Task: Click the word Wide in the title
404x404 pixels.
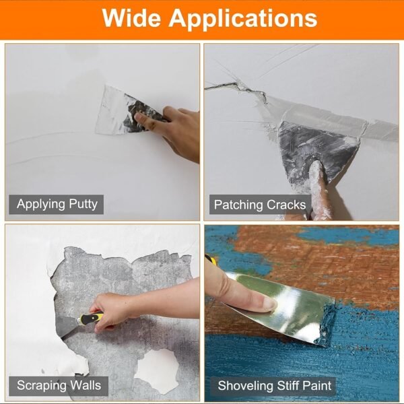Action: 131,18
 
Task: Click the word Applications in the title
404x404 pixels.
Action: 242,19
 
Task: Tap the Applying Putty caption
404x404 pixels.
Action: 57,204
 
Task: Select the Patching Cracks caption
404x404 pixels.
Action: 259,204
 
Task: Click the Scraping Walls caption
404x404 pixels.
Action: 59,386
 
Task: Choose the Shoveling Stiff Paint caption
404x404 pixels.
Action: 275,386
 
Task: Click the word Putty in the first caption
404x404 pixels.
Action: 81,204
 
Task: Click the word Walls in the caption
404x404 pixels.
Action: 83,386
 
